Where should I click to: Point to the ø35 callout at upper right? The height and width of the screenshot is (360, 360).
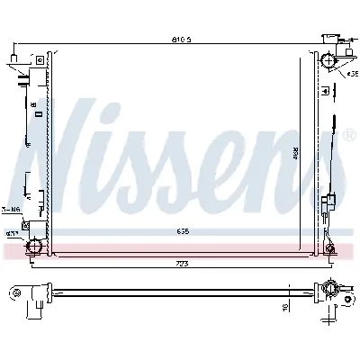pyautogui.click(x=352, y=73)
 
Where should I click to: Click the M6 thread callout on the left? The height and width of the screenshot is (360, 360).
pyautogui.click(x=10, y=210)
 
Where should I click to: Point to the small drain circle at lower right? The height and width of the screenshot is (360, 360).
pyautogui.click(x=330, y=247)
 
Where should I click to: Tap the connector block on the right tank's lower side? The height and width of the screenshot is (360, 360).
pyautogui.click(x=330, y=199)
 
